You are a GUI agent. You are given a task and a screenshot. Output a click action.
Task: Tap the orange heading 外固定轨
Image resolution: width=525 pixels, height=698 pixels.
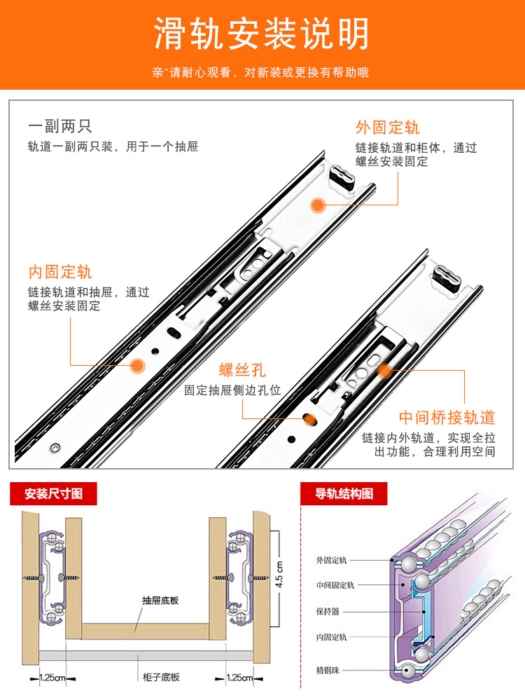[x=387, y=128]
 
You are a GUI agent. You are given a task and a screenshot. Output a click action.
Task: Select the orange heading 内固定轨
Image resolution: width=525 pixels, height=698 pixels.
[x=60, y=272]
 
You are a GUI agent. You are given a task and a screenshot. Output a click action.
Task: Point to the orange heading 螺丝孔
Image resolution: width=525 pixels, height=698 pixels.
[x=242, y=370]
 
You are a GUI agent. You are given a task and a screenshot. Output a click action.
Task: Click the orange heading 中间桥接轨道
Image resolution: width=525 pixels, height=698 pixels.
[x=447, y=418]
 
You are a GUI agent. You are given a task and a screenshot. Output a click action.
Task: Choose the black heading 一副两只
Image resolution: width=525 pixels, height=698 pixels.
[x=60, y=127]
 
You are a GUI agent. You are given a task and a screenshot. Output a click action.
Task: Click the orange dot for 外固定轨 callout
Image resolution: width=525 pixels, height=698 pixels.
[x=318, y=205]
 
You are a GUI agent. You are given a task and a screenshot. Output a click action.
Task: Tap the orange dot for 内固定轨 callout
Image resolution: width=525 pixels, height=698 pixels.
[x=138, y=364]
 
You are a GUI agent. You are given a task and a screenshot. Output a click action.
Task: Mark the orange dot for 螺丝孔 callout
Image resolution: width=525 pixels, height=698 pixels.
[x=309, y=419]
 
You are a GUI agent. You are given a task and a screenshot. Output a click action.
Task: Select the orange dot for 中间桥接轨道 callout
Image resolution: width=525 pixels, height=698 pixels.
[x=384, y=371]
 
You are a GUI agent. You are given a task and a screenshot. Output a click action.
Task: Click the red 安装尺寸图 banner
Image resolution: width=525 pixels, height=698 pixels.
[x=53, y=493]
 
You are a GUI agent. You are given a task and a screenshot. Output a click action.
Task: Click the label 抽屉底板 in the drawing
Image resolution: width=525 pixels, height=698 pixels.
[x=160, y=600]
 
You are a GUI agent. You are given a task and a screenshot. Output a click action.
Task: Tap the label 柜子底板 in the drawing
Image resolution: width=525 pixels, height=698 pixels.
[x=161, y=677]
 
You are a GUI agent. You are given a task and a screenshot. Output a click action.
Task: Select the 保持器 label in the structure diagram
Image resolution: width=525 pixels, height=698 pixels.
[x=328, y=610]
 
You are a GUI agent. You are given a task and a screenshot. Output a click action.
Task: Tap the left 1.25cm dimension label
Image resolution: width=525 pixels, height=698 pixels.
[x=52, y=678]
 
